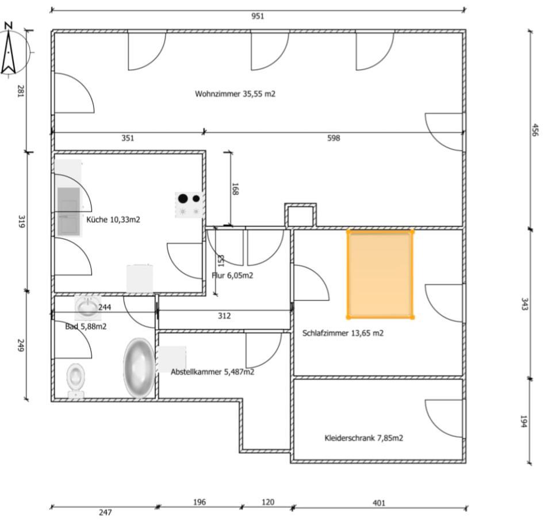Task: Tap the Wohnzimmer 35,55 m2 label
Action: click(x=235, y=94)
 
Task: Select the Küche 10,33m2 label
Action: click(x=113, y=219)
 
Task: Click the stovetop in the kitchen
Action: click(x=189, y=204)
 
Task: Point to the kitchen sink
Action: click(x=68, y=211)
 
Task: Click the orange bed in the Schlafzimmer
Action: click(x=380, y=274)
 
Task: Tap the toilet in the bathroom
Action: click(x=75, y=380)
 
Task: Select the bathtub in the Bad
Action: click(x=139, y=368)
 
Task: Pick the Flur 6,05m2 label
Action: click(x=232, y=276)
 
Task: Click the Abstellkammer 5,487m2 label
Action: click(x=212, y=372)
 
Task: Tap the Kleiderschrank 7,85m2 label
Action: click(x=363, y=438)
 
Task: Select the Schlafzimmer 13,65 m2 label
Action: click(x=343, y=333)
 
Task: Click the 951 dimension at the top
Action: click(x=258, y=16)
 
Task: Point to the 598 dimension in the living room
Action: click(x=333, y=138)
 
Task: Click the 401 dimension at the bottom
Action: click(x=379, y=503)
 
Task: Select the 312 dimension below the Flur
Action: click(x=224, y=316)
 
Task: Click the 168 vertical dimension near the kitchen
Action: click(x=235, y=189)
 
